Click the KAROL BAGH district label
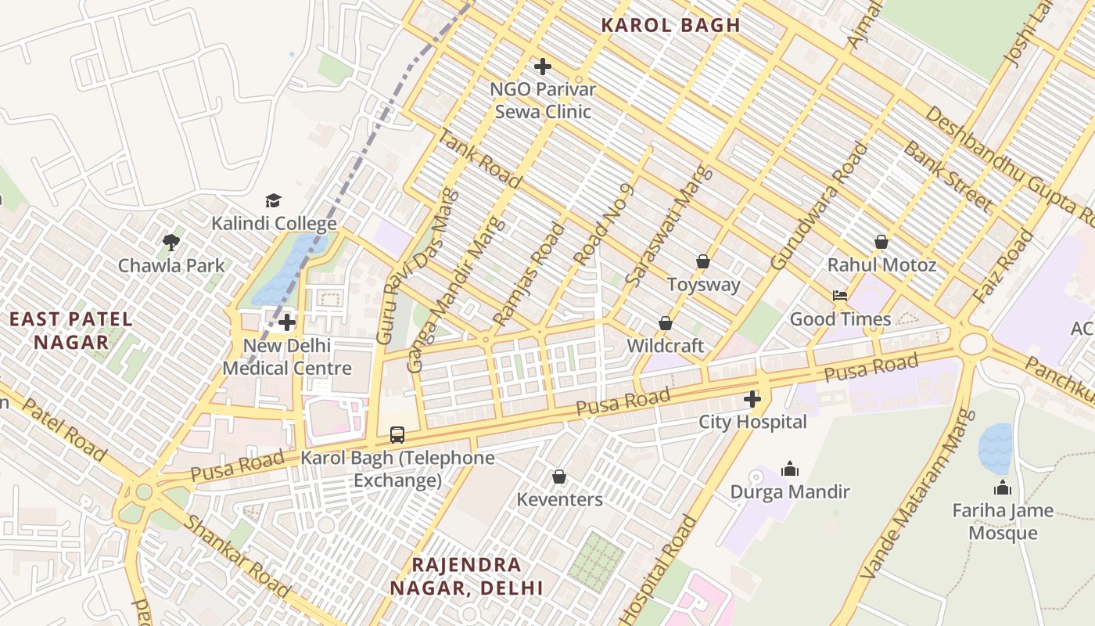670,25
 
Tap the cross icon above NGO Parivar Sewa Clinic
542,67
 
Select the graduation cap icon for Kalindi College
273,201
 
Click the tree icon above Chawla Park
171,243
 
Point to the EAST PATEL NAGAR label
71,330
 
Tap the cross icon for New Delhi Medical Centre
287,322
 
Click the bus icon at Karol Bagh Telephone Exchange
397,434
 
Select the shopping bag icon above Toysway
703,261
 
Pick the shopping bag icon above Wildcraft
666,323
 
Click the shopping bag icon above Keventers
559,477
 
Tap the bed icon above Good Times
840,296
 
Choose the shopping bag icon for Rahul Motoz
881,242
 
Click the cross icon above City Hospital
752,399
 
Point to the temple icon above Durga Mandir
790,469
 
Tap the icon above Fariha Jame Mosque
1003,487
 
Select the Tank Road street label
479,160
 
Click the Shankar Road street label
235,556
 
